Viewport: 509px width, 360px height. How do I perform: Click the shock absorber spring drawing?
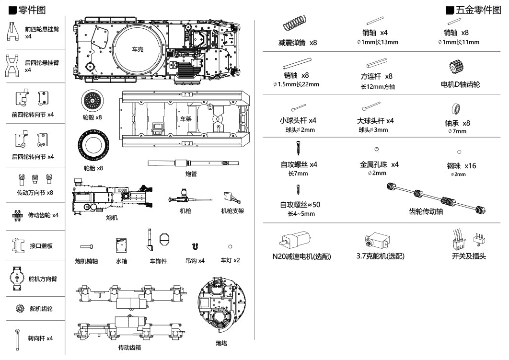click(x=295, y=23)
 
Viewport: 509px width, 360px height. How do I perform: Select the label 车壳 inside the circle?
click(x=138, y=49)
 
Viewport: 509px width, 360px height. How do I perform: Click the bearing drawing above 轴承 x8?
click(x=457, y=108)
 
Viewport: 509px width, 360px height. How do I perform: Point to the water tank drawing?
click(x=121, y=245)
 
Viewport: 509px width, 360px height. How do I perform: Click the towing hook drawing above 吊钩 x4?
click(x=194, y=246)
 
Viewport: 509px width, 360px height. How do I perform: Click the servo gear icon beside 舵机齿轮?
click(x=20, y=309)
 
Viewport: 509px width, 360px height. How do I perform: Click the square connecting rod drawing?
click(x=377, y=63)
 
